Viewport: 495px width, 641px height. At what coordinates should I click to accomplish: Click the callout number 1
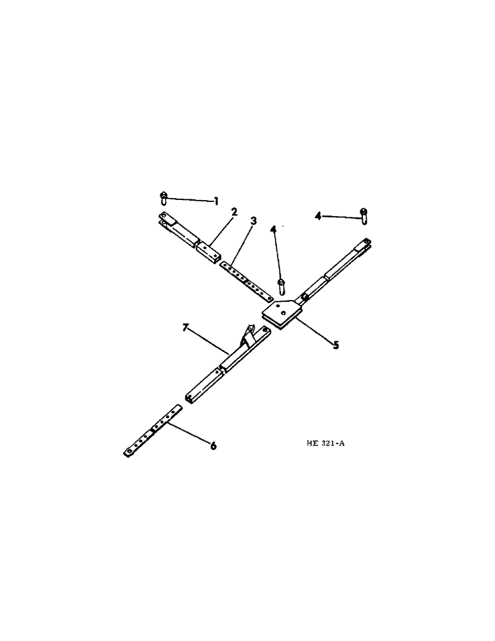(x=216, y=201)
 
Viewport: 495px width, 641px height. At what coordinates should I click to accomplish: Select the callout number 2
(x=235, y=212)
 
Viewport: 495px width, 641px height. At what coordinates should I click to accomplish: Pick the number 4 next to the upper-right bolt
(x=318, y=217)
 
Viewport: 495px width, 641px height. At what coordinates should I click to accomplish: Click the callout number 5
(x=335, y=344)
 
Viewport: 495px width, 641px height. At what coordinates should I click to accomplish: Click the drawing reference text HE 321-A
(x=326, y=443)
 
